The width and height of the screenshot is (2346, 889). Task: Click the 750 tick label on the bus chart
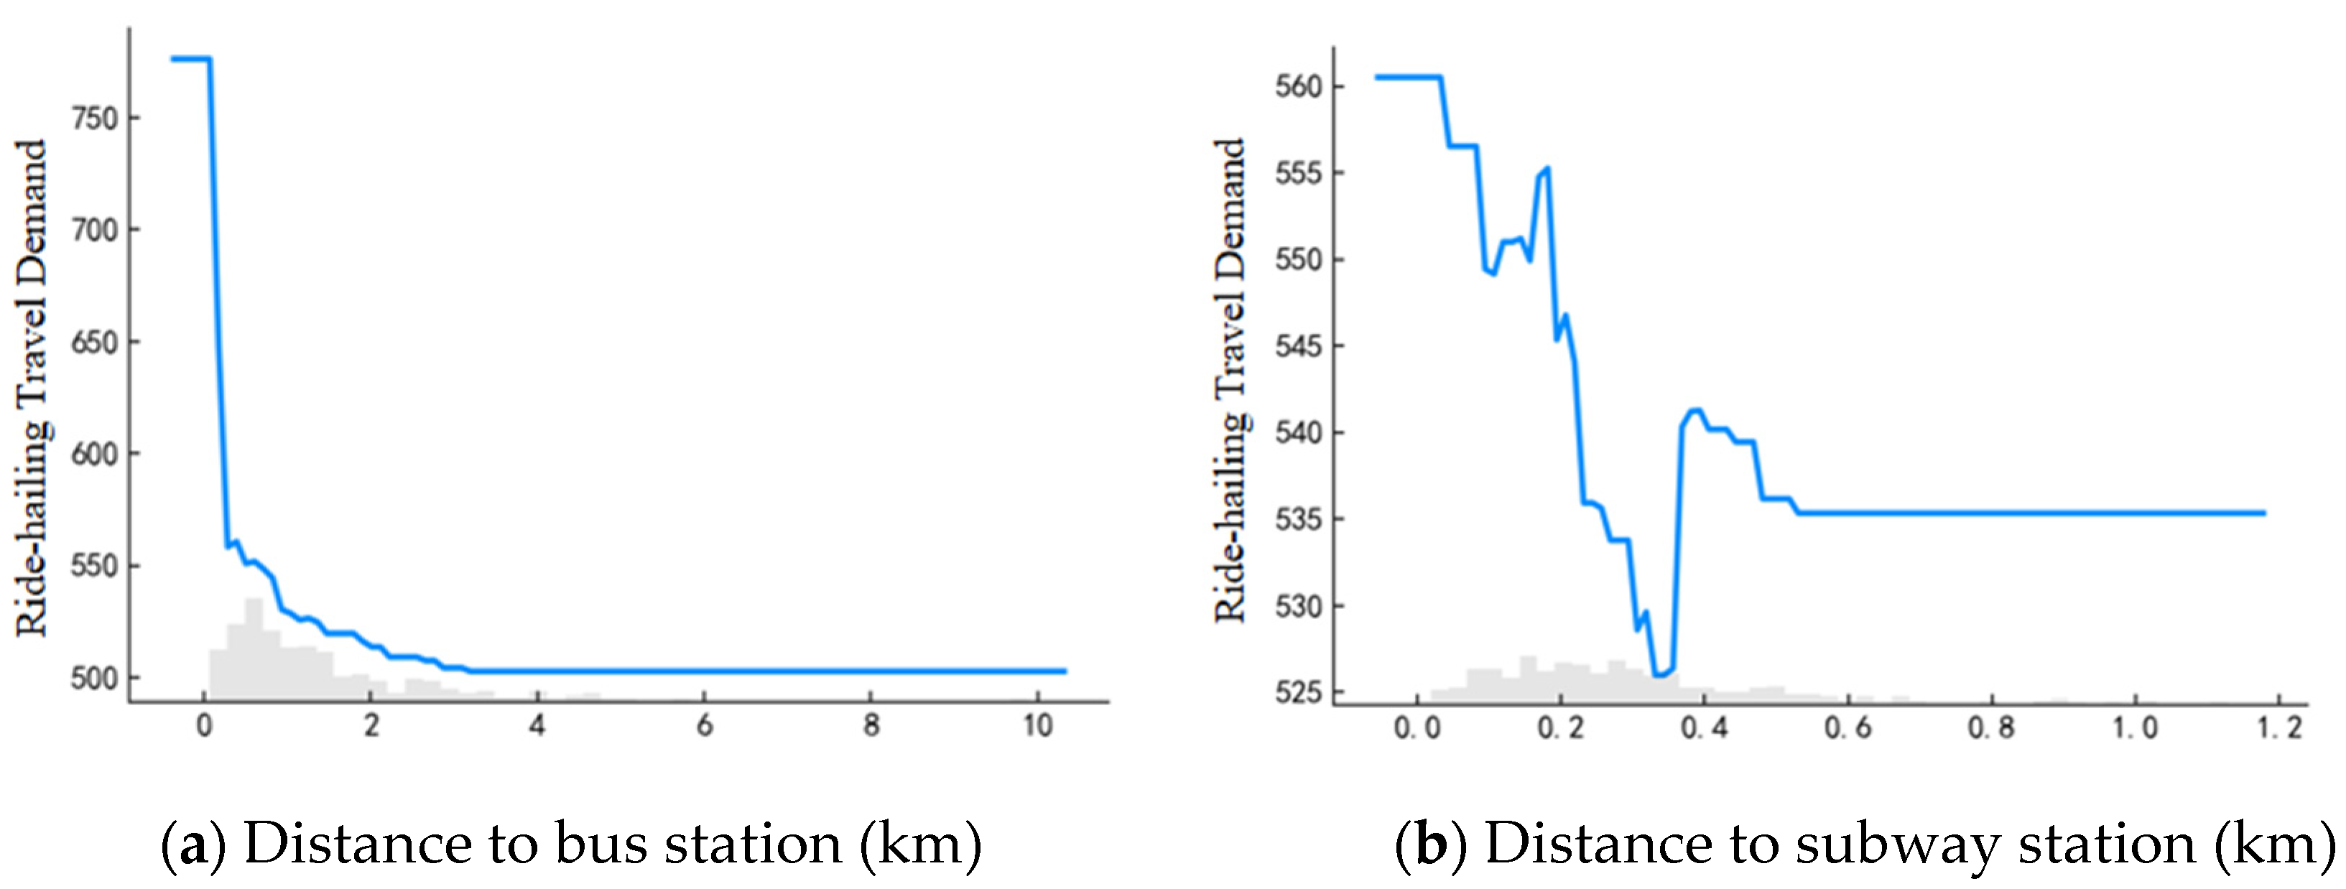(x=94, y=118)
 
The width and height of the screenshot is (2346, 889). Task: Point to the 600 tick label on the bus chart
(x=94, y=455)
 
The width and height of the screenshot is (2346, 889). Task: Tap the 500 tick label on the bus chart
(x=94, y=679)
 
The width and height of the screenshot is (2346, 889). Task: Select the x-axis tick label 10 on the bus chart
(x=1037, y=726)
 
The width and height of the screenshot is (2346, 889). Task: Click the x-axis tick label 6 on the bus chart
(x=704, y=726)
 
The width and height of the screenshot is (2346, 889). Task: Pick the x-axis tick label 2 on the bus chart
(x=371, y=726)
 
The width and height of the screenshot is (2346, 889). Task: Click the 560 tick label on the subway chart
(x=1298, y=88)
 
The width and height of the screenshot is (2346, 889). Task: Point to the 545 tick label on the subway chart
(x=1298, y=347)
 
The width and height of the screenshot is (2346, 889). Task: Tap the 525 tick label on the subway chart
(x=1298, y=693)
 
